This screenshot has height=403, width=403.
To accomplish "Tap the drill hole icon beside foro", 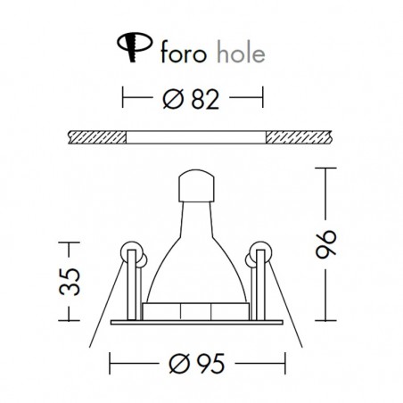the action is click(135, 47).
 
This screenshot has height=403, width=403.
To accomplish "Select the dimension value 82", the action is click(205, 99).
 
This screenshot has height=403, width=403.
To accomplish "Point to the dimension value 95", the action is click(210, 363).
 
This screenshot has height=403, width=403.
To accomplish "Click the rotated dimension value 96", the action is click(325, 243).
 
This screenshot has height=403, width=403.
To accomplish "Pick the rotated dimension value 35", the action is click(70, 282).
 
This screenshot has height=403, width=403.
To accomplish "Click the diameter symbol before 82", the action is click(173, 99).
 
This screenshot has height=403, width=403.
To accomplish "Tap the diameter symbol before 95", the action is click(179, 363).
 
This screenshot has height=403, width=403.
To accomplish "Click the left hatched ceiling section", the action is click(97, 137).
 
